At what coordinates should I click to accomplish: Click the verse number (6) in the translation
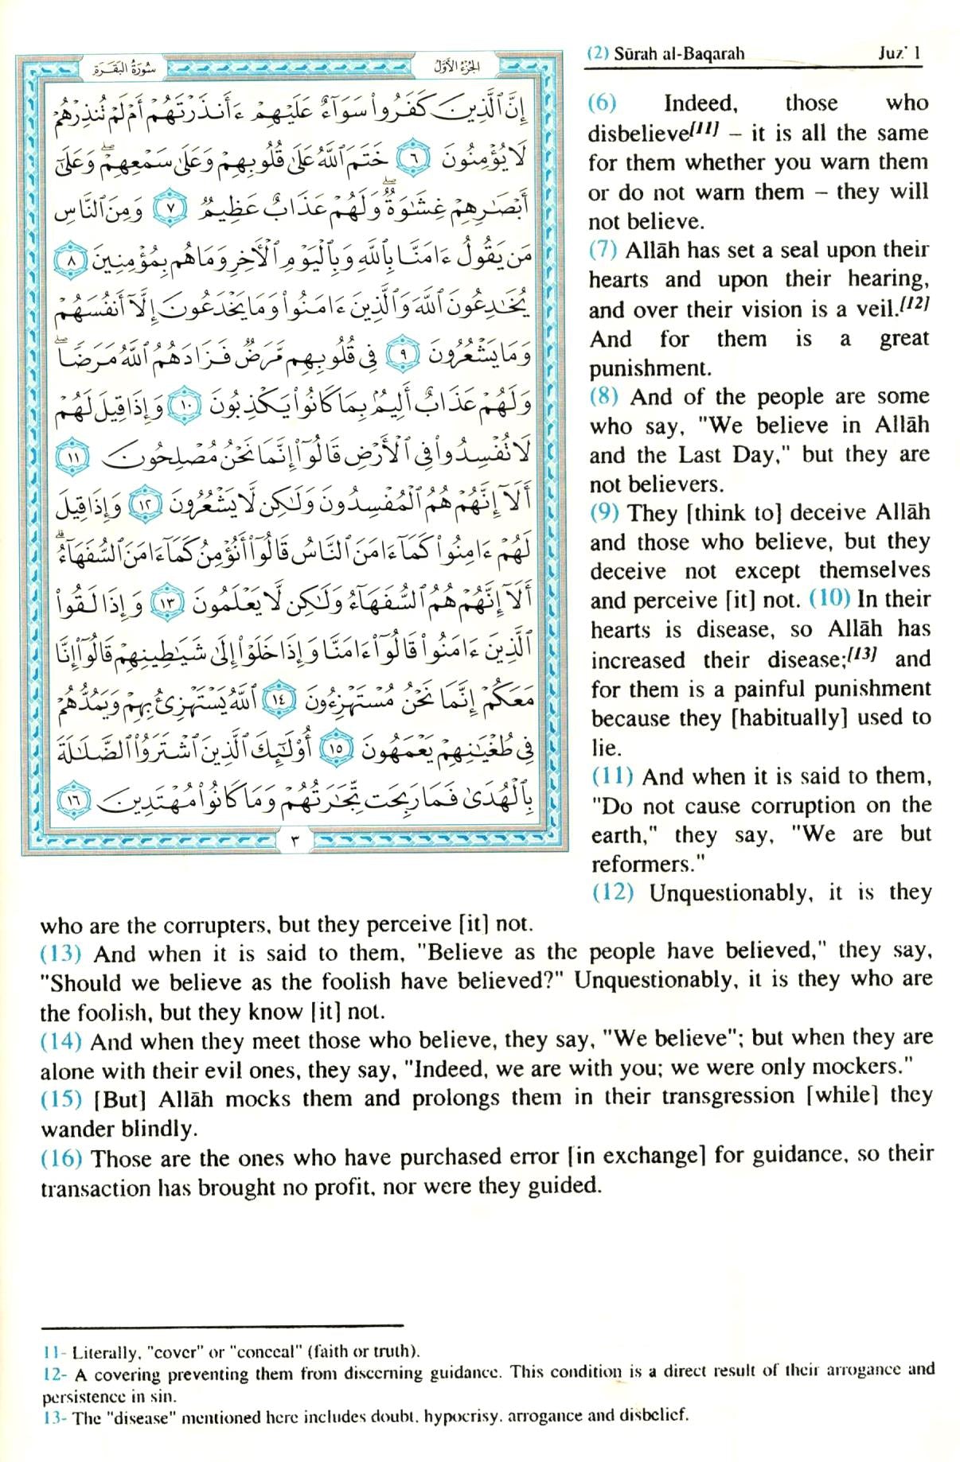pos(602,103)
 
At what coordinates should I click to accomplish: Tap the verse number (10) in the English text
pos(829,599)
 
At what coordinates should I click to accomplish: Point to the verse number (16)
pos(60,1158)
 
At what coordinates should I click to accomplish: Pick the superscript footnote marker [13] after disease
pos(866,654)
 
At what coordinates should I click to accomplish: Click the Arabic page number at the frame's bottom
pos(295,842)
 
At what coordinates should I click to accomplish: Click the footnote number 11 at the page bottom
pos(51,1351)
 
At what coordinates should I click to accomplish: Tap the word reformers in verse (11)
pos(640,864)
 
